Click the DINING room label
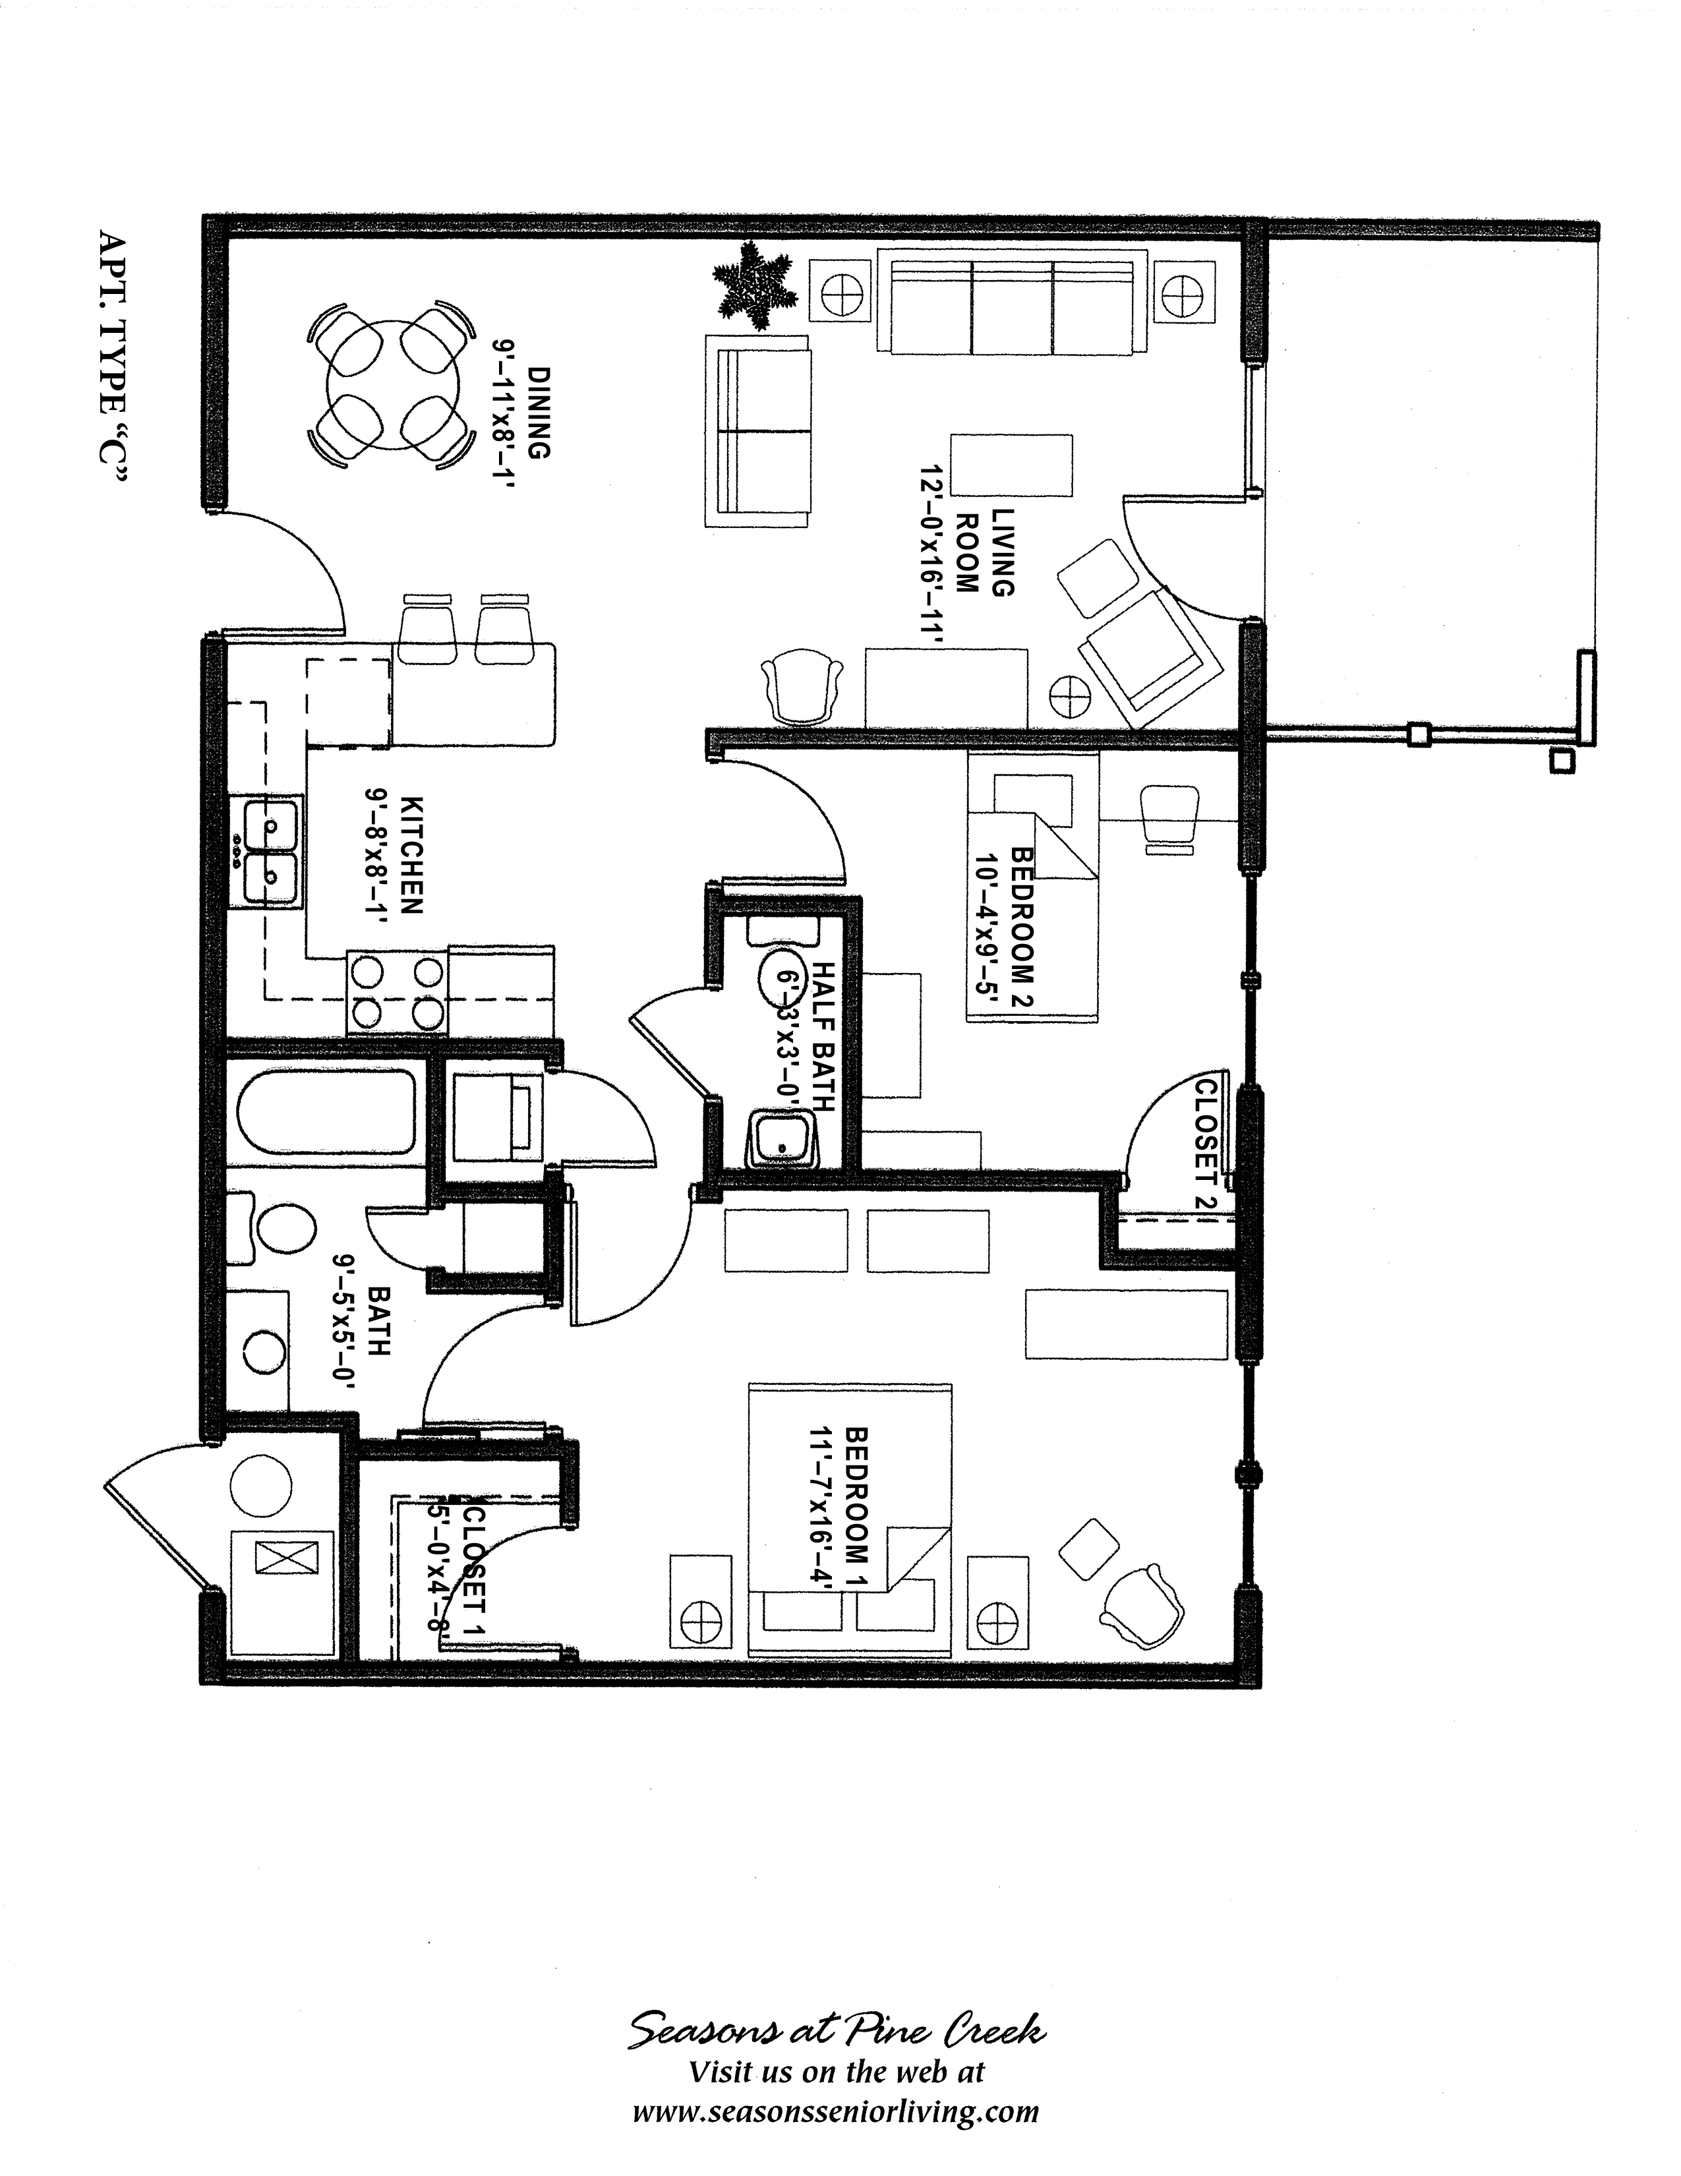[x=538, y=413]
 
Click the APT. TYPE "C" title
[x=113, y=359]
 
